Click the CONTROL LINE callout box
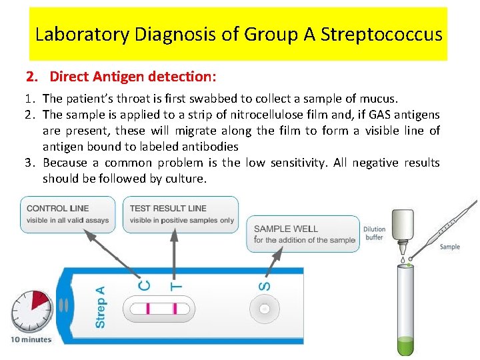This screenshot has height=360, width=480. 67,214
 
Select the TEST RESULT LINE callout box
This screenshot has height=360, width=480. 181,214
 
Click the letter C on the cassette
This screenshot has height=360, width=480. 145,285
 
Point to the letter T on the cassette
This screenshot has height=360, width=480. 176,285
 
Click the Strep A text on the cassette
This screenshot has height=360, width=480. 101,307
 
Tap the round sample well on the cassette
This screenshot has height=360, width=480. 265,309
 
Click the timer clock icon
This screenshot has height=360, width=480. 31,311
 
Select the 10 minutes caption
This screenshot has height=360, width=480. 31,339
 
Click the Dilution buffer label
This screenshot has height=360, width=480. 374,233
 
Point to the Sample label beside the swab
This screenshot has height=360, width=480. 449,247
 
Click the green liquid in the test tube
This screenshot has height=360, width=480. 405,346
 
